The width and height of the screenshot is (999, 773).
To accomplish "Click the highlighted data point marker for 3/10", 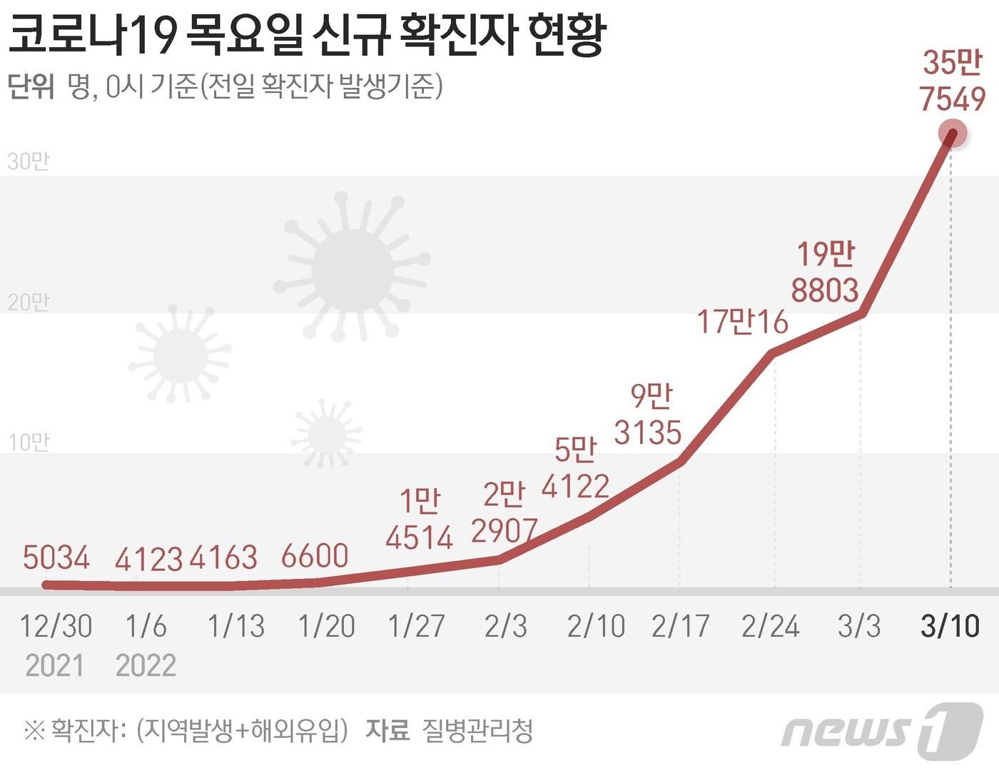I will coord(951,133).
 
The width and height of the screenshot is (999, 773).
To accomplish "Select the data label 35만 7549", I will coord(953,81).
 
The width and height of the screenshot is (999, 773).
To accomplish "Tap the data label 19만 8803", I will coord(825,273).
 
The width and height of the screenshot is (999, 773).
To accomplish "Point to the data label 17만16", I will coord(742,322).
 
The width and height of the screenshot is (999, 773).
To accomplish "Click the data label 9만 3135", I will coord(648,415).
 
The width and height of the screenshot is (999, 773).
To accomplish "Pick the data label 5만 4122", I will coord(575,468).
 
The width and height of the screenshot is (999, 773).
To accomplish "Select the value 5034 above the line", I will coord(56,557).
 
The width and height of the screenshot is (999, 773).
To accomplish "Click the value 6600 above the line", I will coord(315,556).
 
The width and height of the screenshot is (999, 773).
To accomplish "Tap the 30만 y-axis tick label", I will coord(29,161).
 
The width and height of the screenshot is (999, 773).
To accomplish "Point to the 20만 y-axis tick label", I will coord(29,302).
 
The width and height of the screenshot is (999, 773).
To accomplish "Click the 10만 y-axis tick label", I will coord(29,443).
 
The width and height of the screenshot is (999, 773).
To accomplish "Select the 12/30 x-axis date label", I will coord(56,626).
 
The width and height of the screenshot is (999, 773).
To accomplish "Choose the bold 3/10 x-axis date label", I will coord(950,626).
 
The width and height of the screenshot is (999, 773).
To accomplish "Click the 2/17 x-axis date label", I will coord(680,626).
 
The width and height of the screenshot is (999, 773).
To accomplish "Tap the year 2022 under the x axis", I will coord(146,665).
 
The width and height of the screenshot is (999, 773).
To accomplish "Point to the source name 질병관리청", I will coord(477,730).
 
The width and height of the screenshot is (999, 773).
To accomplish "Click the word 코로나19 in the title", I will coord(92,34).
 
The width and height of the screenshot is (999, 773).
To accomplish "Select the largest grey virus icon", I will coord(352,269).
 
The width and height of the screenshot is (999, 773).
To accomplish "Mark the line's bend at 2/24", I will coord(774,353).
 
